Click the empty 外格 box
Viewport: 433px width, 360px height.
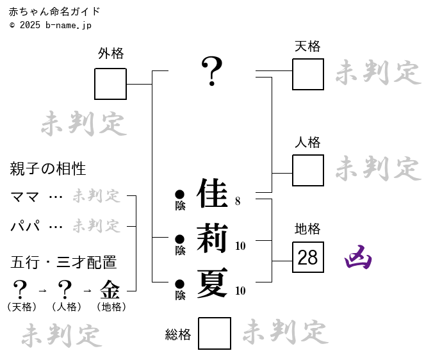pos(110,84)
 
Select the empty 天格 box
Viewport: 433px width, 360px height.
pos(308,74)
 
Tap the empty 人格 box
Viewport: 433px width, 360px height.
pos(308,170)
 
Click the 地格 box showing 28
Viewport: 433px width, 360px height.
pos(308,258)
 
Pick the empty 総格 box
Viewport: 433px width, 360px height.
pos(215,334)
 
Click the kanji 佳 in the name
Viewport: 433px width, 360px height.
pos(213,193)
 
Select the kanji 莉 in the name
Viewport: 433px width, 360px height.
pos(213,239)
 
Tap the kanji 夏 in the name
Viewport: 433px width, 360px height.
pos(213,284)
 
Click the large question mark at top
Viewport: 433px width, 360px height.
pos(212,71)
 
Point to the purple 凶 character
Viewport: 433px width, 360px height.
pos(359,258)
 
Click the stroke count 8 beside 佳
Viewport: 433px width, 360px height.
pos(238,201)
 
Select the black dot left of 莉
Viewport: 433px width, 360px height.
pos(180,239)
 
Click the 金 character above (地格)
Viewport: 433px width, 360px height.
pos(110,290)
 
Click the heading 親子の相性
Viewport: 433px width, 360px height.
pos(48,169)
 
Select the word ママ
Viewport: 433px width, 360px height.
pos(25,197)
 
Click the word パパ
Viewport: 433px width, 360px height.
pos(25,226)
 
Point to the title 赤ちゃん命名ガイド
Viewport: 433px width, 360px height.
pos(54,12)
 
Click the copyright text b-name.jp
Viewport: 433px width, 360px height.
pos(69,25)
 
